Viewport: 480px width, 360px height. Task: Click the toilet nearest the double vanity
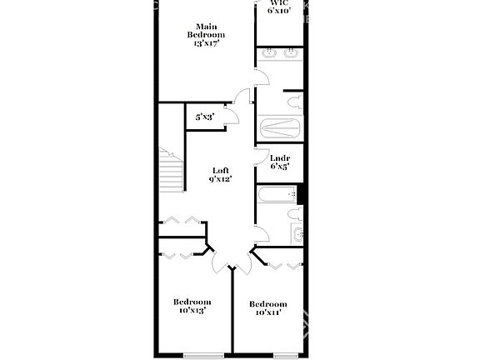click(292, 102)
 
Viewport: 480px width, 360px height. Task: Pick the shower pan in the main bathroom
click(280, 129)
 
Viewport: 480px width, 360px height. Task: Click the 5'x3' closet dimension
click(204, 117)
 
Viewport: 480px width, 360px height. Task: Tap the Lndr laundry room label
click(280, 157)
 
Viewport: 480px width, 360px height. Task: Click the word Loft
click(220, 169)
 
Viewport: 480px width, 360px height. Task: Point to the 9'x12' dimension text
click(220, 178)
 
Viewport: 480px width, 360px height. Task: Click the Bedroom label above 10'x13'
click(192, 302)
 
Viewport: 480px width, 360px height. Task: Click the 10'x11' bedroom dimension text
click(268, 313)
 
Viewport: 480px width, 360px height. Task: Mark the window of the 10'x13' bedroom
click(203, 356)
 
